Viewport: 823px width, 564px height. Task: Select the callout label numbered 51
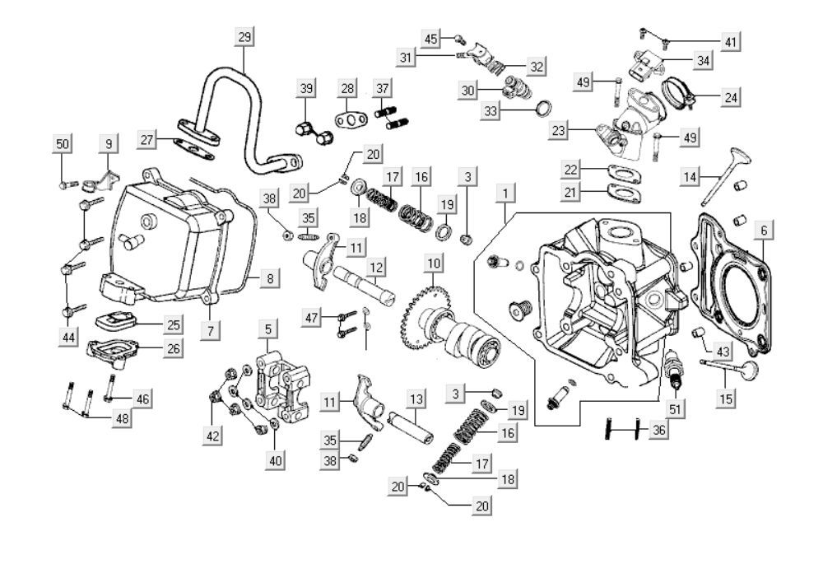tap(675, 408)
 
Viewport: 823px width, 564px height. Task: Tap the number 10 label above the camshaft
tap(433, 264)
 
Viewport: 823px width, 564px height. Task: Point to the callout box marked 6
tap(764, 231)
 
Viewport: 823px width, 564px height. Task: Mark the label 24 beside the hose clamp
tap(730, 97)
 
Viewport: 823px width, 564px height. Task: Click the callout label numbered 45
tap(433, 39)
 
